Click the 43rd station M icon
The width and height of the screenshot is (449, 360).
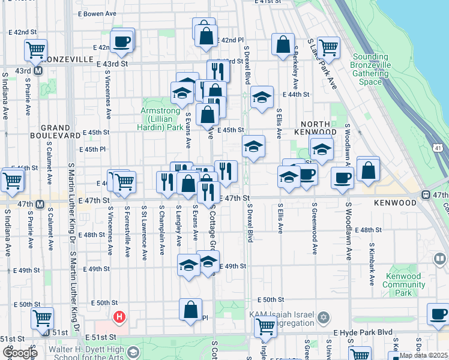tap(37, 71)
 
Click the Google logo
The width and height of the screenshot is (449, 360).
tap(19, 353)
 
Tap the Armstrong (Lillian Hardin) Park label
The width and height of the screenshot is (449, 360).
tap(161, 119)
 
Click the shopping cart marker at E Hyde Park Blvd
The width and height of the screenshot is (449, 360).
tap(265, 327)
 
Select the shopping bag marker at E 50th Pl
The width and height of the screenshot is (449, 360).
tap(190, 310)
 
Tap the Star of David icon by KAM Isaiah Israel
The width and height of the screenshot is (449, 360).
tap(323, 316)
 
